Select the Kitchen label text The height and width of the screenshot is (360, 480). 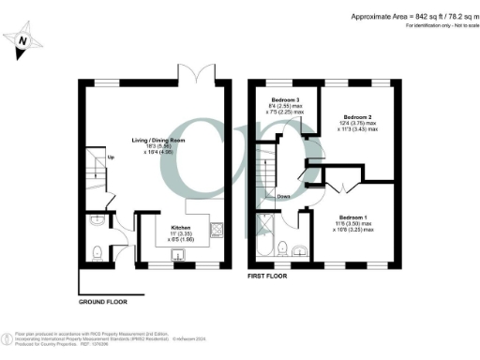180,228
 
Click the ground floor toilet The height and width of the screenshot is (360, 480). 98,250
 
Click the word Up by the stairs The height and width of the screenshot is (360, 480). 111,157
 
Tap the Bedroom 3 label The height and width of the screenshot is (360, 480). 286,100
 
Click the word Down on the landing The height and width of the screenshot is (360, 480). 282,197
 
